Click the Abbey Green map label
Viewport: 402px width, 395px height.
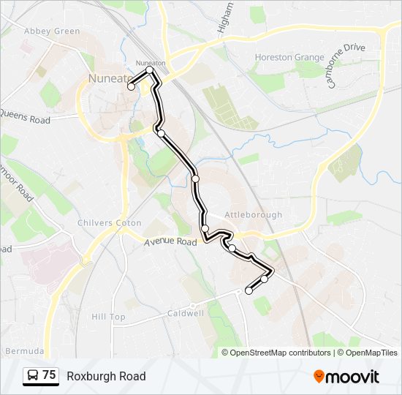coord(52,31)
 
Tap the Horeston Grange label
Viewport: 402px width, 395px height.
coord(288,57)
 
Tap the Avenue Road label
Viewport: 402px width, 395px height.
coord(171,241)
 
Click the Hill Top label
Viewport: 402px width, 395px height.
coord(108,317)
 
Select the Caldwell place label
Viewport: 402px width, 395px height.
coord(185,313)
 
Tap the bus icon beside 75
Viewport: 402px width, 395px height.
coord(33,376)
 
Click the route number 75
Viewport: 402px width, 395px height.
coord(49,375)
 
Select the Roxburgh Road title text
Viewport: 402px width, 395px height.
coord(106,376)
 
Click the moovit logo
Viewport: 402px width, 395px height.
coord(346,376)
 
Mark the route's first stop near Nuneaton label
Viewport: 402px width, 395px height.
coord(132,86)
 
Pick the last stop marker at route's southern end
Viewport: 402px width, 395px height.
coord(249,290)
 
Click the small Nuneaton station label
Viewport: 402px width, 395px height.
coord(152,64)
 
